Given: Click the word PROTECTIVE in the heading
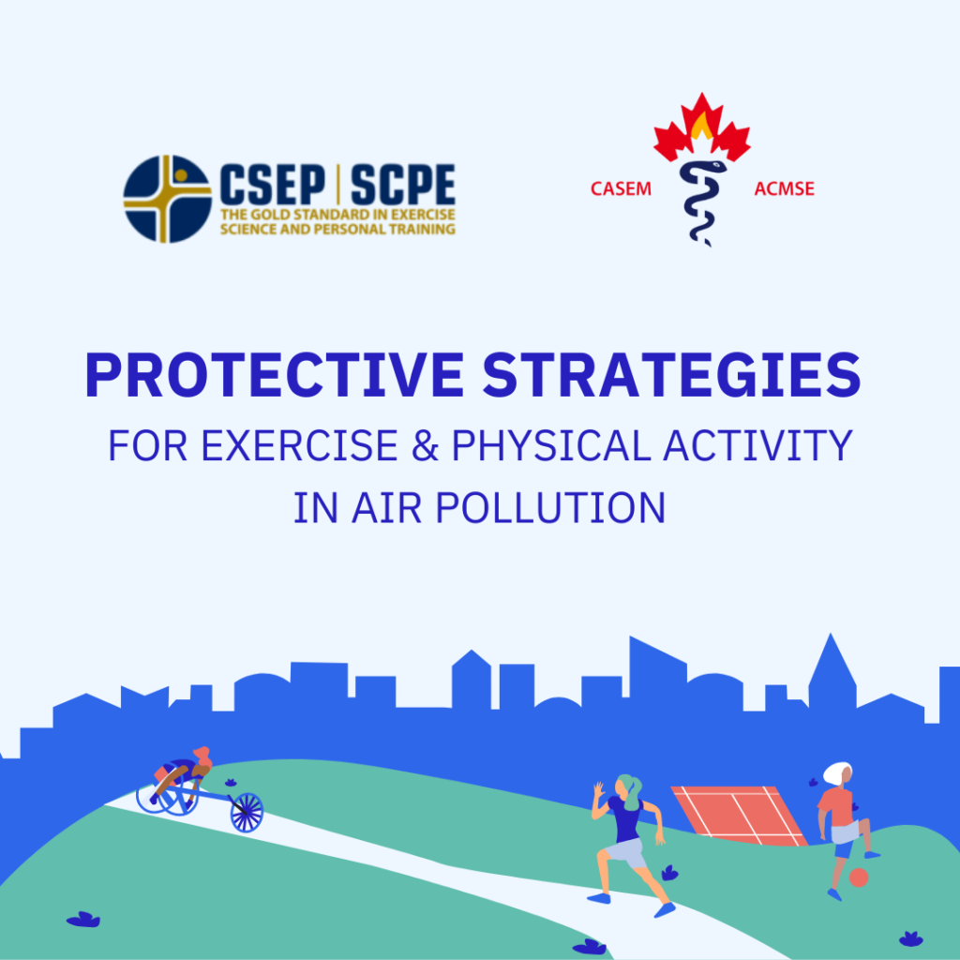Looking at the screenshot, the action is pyautogui.click(x=275, y=375).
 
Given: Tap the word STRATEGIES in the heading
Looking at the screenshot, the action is pyautogui.click(x=671, y=375).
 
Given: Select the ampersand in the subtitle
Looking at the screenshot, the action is pyautogui.click(x=425, y=445).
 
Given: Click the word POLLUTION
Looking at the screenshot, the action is pyautogui.click(x=549, y=507).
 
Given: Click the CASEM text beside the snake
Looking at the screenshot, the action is pyautogui.click(x=621, y=188).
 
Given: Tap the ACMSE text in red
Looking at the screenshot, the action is pyautogui.click(x=785, y=188).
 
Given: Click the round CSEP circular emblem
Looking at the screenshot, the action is pyautogui.click(x=167, y=199).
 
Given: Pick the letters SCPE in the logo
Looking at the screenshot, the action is pyautogui.click(x=403, y=184).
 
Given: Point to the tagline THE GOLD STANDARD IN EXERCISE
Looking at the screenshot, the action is pyautogui.click(x=337, y=215).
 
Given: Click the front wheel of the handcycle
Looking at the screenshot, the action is pyautogui.click(x=247, y=813).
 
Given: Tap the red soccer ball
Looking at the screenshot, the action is pyautogui.click(x=859, y=877).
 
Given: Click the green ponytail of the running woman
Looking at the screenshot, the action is pyautogui.click(x=631, y=789).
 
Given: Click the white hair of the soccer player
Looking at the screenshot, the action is pyautogui.click(x=835, y=772).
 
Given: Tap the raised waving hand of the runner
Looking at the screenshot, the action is pyautogui.click(x=599, y=788).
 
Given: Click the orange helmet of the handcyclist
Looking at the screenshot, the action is pyautogui.click(x=202, y=755).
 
